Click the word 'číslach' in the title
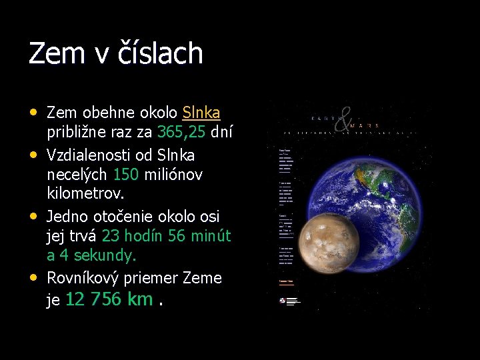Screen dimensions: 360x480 pos(160,53)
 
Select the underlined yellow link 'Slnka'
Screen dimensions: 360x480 pos(201,112)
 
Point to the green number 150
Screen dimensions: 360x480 pos(126,174)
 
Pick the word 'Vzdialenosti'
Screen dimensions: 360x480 pos(88,155)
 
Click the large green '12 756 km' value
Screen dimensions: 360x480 pos(109,299)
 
